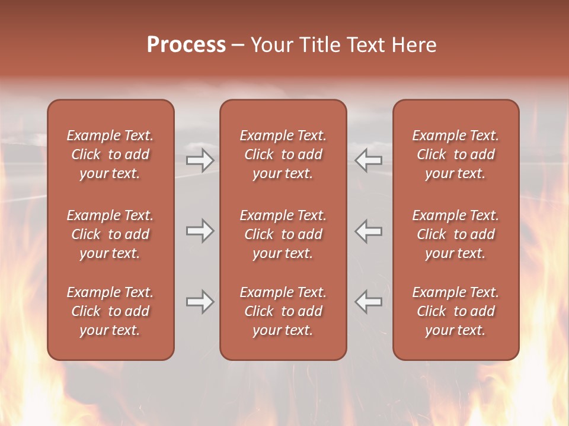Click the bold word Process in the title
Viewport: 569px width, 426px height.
[x=186, y=45]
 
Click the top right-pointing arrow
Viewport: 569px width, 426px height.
[x=200, y=160]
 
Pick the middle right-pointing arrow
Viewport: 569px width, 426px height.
[x=200, y=231]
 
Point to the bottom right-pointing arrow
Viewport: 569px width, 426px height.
[x=200, y=302]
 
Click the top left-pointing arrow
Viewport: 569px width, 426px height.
[x=369, y=160]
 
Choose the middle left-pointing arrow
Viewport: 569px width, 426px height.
[x=369, y=231]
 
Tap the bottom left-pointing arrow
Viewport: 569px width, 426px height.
[x=369, y=302]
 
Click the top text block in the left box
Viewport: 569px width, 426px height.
[x=110, y=154]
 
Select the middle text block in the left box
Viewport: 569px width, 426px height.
[x=110, y=234]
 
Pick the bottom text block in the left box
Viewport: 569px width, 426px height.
[x=110, y=311]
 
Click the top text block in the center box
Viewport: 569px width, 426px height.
[x=283, y=154]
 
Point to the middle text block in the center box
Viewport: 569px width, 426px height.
[x=283, y=234]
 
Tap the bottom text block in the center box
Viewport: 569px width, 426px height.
[x=283, y=311]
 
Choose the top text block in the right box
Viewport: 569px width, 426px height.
[x=455, y=154]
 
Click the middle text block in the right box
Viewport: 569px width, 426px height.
[x=455, y=234]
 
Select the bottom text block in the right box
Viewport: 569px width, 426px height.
[x=455, y=311]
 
